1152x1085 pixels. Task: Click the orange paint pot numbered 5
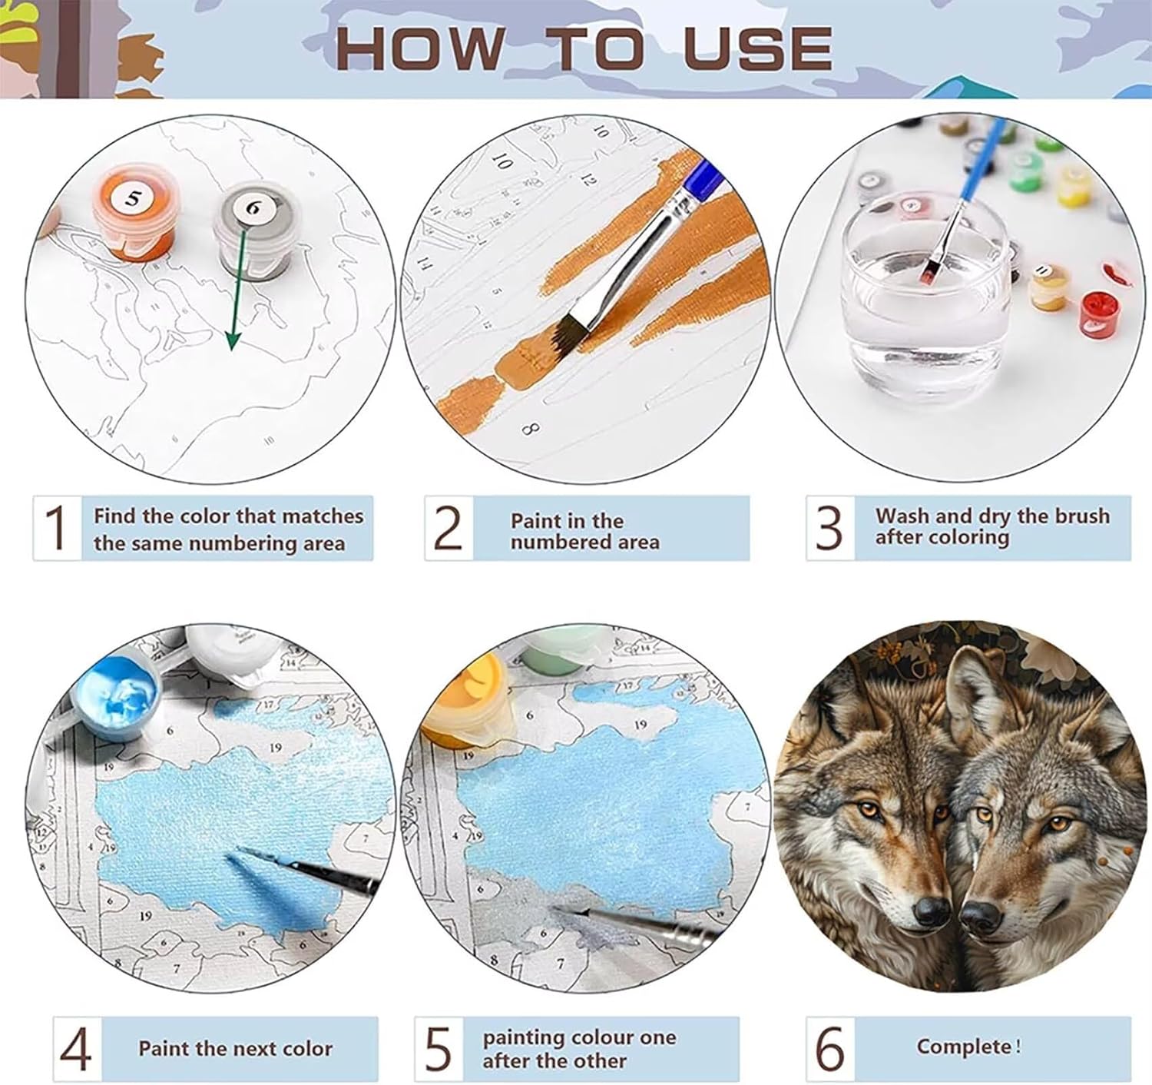coord(134,213)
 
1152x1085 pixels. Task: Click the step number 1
coord(56,527)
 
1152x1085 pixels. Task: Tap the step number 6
coord(830,1048)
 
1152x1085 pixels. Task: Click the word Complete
coord(964,1047)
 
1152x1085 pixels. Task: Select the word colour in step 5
coord(602,1037)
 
